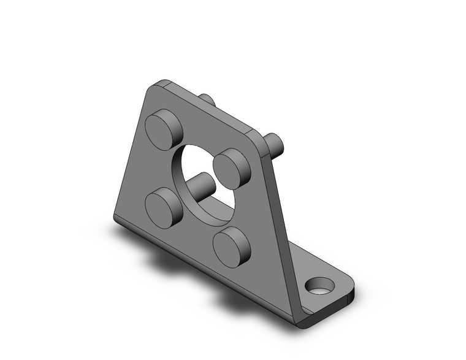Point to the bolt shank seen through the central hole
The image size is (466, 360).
(x=201, y=184)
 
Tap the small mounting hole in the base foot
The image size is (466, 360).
(x=319, y=286)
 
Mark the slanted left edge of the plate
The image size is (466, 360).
(x=130, y=153)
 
